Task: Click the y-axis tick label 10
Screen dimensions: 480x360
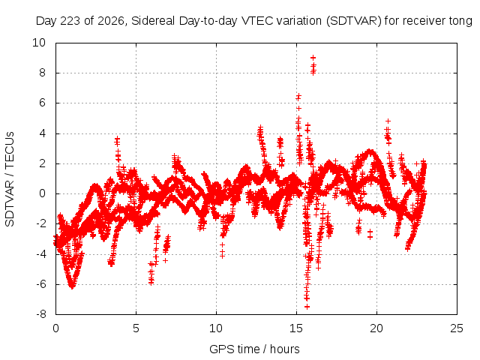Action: [39, 43]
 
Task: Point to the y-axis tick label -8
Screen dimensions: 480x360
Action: [40, 314]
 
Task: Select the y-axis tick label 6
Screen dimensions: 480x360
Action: [42, 103]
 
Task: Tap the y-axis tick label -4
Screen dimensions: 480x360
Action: [40, 253]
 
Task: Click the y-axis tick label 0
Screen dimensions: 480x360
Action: [42, 193]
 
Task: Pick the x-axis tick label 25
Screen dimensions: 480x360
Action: [457, 328]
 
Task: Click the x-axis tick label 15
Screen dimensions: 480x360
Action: [296, 328]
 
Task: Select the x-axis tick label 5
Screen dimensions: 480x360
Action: [136, 328]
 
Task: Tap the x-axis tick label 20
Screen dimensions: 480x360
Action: [376, 328]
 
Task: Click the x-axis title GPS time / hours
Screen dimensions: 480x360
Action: [254, 349]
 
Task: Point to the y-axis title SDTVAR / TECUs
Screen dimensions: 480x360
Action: [10, 179]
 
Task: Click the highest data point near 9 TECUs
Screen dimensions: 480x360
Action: [313, 58]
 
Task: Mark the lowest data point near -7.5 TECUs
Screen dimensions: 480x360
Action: [307, 307]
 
